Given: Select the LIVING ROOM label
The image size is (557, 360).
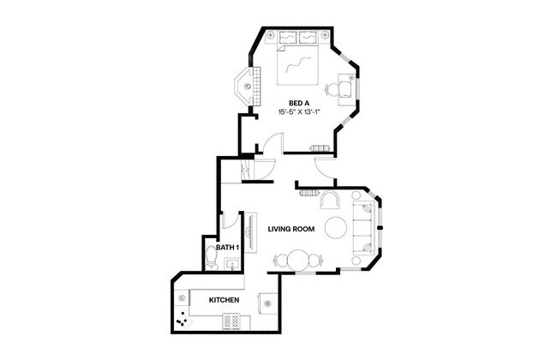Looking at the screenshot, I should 290,229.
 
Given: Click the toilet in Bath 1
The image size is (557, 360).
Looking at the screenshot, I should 213,256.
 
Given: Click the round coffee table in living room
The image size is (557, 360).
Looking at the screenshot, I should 336,227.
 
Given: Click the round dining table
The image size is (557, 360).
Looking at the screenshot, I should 300,260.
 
